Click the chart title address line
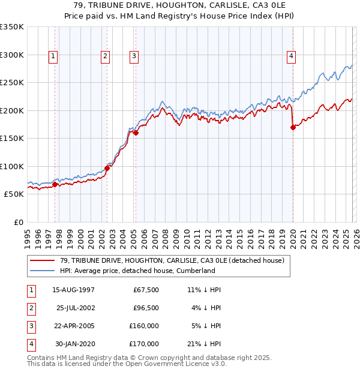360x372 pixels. pos(180,5)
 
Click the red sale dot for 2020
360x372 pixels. pos(293,127)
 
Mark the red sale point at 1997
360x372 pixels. pos(55,185)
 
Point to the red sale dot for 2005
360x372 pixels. pos(136,133)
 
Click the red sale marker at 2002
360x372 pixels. pos(107,169)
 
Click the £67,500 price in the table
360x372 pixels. pos(146,290)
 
